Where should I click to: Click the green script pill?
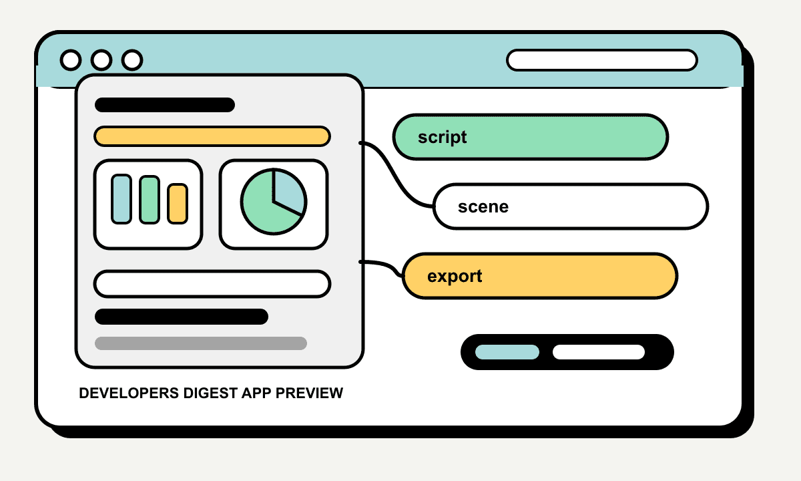coord(531,137)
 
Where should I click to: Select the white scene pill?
coord(571,206)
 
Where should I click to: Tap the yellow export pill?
coord(540,276)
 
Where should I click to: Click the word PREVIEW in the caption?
coord(309,393)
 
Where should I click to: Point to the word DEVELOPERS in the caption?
coord(129,393)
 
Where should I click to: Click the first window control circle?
coord(71,59)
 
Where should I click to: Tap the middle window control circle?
coord(101,59)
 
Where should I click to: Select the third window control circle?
coord(132,59)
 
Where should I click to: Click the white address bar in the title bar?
coord(602,60)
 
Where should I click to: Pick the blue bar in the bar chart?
coord(121,199)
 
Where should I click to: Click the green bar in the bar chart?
coord(150,200)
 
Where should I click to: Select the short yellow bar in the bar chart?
coord(178,204)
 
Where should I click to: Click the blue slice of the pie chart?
coord(288,190)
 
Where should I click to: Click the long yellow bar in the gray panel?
coord(212,136)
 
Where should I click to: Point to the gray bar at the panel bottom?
coord(201,343)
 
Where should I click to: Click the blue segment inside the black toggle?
coord(507,352)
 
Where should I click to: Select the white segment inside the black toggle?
coord(599,352)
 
